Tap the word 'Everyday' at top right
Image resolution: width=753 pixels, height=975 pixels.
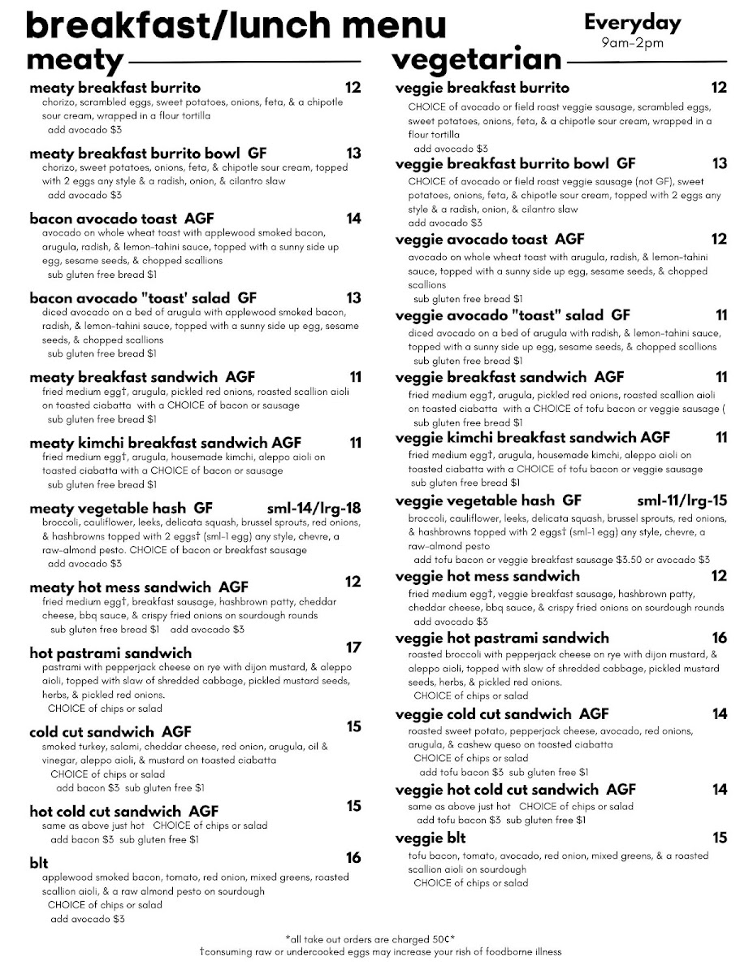[x=632, y=23]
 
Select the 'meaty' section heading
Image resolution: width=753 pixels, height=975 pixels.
[x=75, y=60]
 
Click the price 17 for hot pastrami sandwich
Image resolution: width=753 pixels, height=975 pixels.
[x=353, y=648]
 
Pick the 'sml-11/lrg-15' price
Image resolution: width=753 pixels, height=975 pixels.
[x=682, y=500]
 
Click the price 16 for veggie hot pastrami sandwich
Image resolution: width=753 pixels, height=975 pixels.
[x=719, y=638]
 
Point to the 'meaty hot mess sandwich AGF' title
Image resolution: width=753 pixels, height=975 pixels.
[x=139, y=587]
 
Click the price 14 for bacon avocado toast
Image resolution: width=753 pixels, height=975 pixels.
[x=353, y=218]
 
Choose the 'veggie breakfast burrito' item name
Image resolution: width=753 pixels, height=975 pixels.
[x=483, y=88]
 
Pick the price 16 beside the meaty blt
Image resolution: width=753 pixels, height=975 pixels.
[x=353, y=858]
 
